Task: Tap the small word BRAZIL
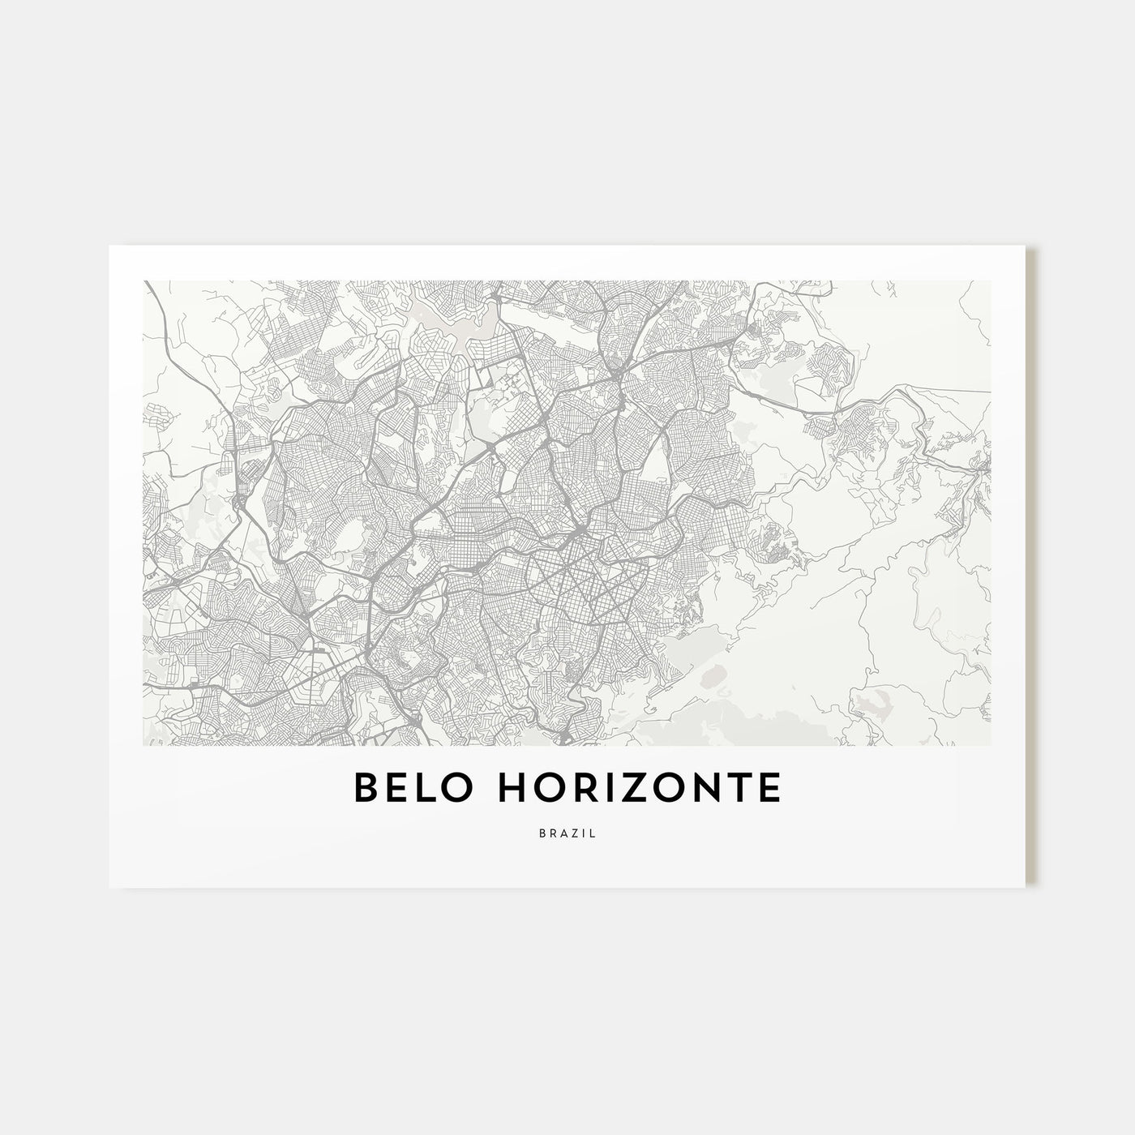pyautogui.click(x=567, y=833)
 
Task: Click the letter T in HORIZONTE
pyautogui.click(x=741, y=789)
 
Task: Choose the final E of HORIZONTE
pyautogui.click(x=771, y=789)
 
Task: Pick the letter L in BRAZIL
pyautogui.click(x=593, y=833)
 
